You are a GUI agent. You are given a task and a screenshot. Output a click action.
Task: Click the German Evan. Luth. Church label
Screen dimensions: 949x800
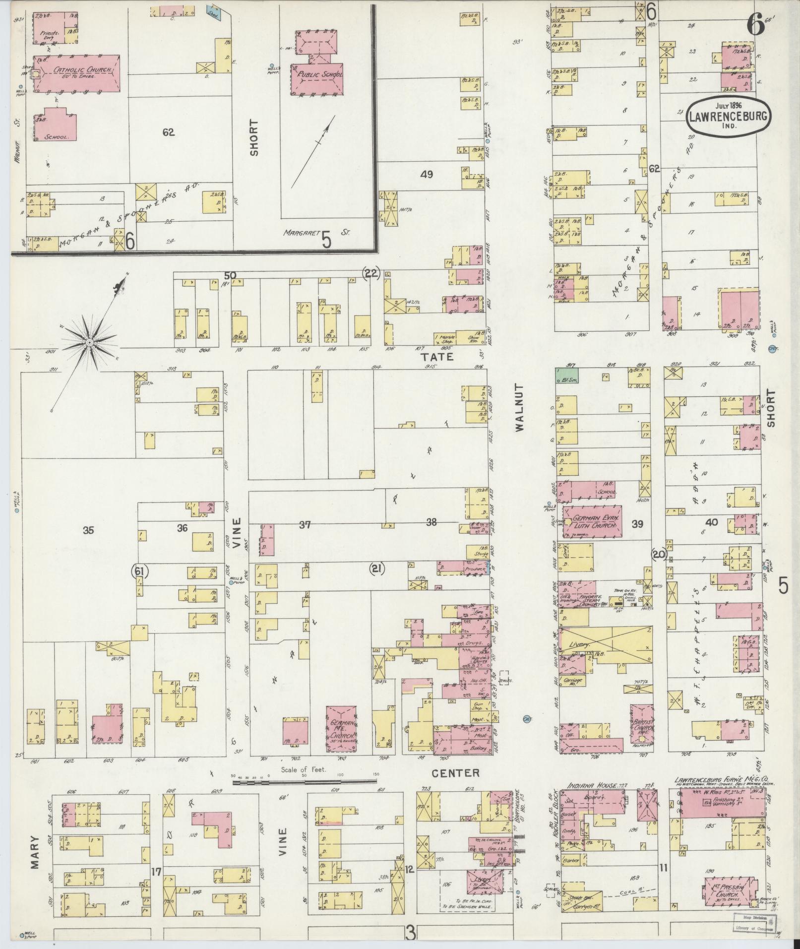point(592,521)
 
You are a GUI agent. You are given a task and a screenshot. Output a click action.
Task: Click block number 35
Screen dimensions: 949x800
point(88,530)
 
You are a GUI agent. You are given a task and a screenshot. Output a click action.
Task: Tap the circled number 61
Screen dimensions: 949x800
point(139,571)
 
